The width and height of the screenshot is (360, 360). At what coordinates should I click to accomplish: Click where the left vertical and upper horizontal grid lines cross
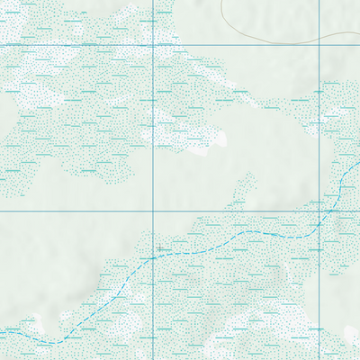pos(154,44)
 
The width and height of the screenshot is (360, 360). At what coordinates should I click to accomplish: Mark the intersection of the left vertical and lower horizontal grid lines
pos(154,211)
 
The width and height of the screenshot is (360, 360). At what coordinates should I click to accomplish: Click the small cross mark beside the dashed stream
pos(160,247)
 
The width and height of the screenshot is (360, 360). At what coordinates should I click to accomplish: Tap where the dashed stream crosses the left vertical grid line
pos(154,256)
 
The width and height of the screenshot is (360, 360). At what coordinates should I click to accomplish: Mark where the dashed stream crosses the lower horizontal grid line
pos(331,211)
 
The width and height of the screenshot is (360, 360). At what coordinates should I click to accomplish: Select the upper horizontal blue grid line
pos(90,44)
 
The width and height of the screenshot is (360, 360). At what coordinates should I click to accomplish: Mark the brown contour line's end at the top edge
pos(221,1)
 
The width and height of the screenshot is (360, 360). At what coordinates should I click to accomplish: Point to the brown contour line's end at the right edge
pos(358,40)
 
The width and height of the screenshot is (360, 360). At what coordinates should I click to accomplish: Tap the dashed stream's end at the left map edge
pos(1,330)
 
